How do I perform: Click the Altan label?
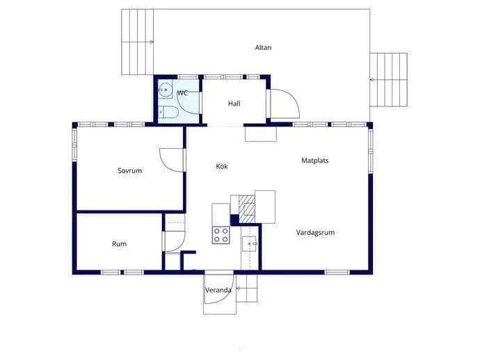click(263, 47)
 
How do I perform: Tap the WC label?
click(182, 92)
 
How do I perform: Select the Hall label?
click(234, 104)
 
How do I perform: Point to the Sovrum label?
click(130, 170)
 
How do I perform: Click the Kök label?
click(222, 166)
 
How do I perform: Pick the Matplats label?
click(315, 161)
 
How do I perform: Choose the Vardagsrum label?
click(315, 232)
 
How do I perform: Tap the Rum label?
click(119, 244)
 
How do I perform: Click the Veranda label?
click(218, 290)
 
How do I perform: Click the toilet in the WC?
click(168, 112)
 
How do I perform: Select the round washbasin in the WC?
click(166, 90)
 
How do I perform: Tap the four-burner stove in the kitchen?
click(221, 235)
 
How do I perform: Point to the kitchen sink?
click(249, 244)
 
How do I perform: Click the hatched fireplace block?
click(247, 209)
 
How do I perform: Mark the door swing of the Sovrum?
click(171, 160)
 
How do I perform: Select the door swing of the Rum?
click(175, 242)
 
